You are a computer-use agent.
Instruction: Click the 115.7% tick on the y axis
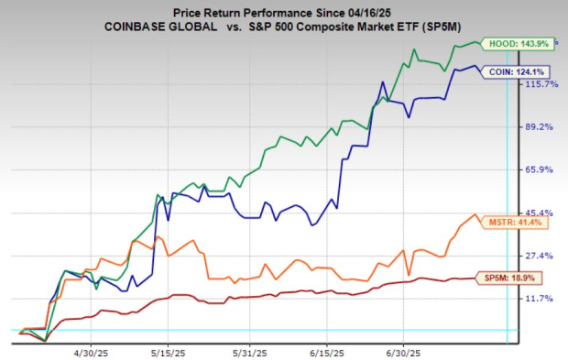540,84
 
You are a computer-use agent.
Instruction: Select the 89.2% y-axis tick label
541,127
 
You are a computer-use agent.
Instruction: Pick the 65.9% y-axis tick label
541,169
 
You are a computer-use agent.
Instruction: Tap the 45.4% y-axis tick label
541,213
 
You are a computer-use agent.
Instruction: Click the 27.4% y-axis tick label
541,256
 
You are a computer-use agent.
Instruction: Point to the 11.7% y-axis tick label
541,299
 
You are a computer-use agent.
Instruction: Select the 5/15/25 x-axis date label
169,352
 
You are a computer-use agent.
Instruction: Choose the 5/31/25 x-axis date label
248,352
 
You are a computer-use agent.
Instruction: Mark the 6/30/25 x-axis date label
404,352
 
